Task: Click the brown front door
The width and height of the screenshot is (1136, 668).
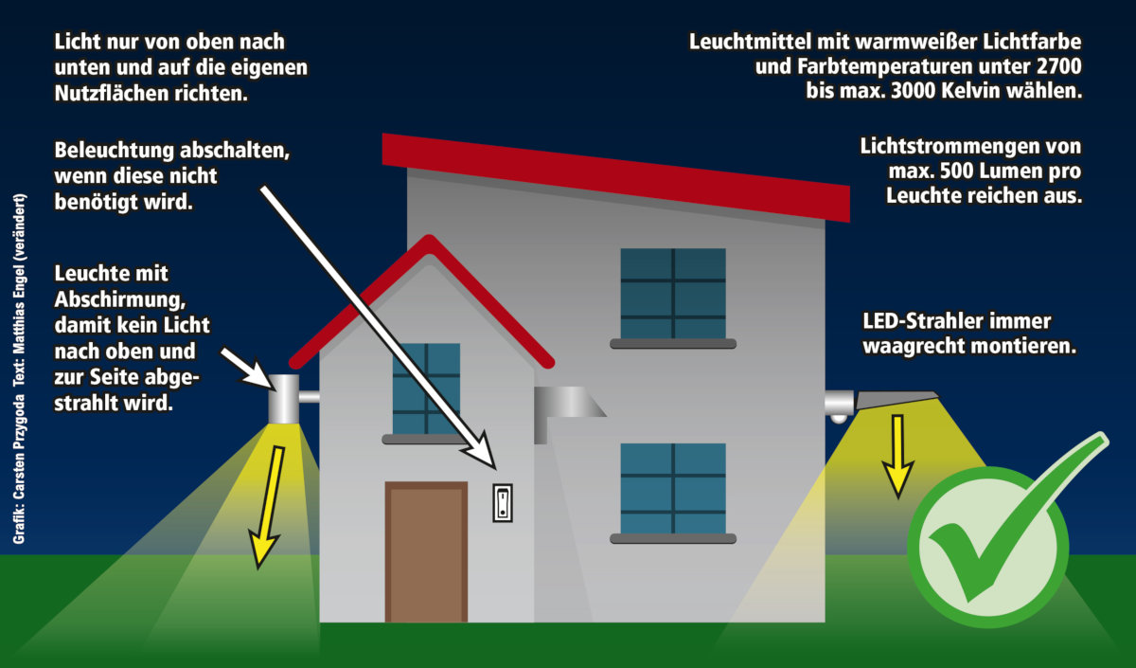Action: (426, 551)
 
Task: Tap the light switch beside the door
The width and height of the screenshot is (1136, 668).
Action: (503, 501)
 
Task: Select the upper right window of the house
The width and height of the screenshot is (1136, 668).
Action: (673, 294)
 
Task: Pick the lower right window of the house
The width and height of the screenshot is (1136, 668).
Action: (673, 489)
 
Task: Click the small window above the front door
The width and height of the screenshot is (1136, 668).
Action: (426, 389)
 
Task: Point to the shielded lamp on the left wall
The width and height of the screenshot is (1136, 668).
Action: (283, 399)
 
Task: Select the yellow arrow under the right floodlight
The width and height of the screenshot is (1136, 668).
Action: (897, 456)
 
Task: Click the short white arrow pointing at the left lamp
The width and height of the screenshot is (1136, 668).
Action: (248, 367)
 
